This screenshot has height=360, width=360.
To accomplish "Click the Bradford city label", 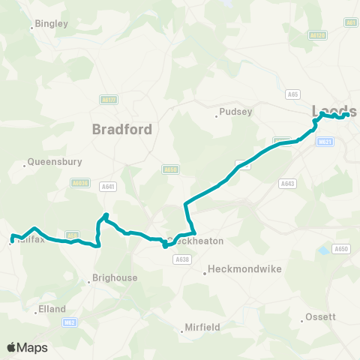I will (122, 129).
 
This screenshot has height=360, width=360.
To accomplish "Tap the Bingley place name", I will (52, 24).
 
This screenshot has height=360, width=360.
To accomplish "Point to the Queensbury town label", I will (55, 161).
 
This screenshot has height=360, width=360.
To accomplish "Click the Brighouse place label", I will (114, 277).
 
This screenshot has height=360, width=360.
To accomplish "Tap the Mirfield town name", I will (203, 328).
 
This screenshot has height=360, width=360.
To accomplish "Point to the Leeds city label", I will (334, 110).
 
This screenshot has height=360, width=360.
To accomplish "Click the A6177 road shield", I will (109, 99).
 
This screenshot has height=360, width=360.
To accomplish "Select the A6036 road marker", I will (80, 182).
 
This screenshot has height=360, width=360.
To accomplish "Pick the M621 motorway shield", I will (324, 142).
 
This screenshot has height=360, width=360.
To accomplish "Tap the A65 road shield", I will (292, 94).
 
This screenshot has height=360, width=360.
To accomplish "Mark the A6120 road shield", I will (318, 35).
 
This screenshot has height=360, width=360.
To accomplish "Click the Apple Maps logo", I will (27, 347).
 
